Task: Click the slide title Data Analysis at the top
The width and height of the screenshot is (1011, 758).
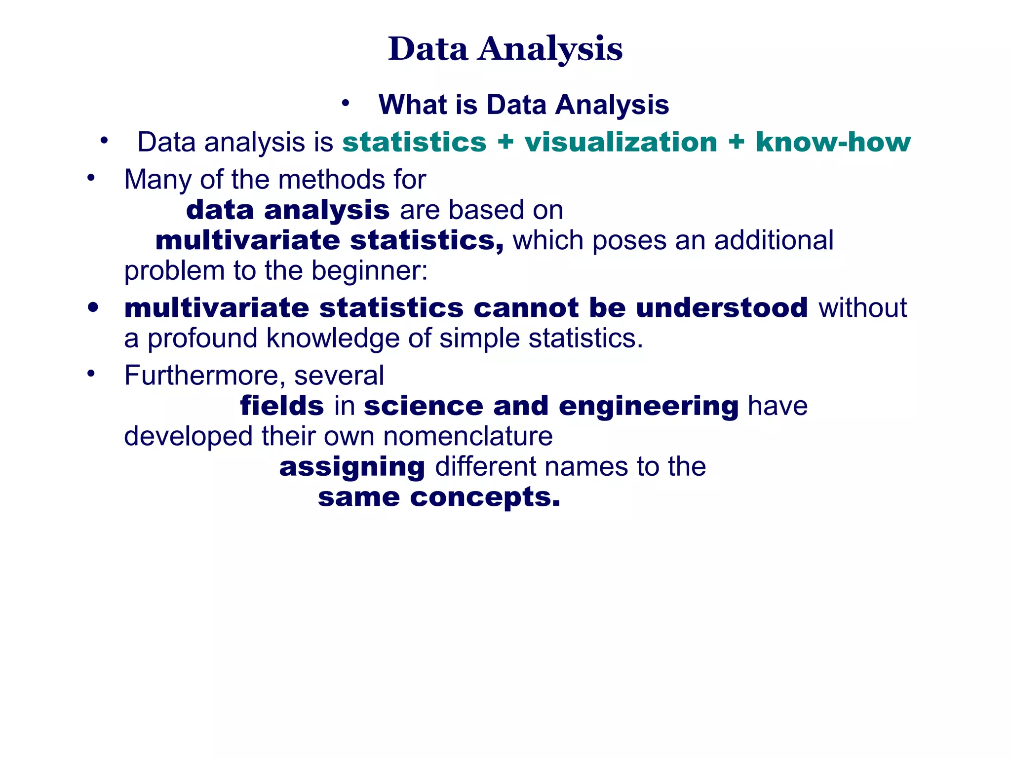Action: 505,49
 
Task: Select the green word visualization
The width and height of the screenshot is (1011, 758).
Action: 621,142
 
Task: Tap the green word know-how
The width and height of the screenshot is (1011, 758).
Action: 833,142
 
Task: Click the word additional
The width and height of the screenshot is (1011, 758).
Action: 774,240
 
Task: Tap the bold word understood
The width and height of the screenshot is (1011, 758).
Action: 722,308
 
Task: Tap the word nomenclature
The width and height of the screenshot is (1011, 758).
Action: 467,436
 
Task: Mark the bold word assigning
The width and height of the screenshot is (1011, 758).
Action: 352,467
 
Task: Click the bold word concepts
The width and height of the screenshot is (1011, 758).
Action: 485,497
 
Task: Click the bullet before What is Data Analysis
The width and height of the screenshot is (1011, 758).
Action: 346,104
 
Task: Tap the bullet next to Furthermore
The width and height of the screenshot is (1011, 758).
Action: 90,374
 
